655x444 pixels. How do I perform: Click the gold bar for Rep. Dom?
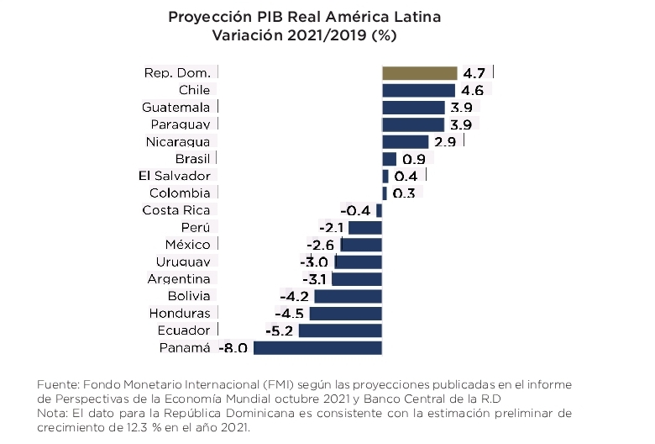tap(419, 73)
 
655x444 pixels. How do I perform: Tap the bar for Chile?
tap(418, 90)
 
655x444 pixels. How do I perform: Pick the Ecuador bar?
tap(340, 330)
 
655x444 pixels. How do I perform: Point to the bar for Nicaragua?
tap(406, 141)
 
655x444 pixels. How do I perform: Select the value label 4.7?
tap(474, 73)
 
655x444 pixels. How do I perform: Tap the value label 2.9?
tap(445, 142)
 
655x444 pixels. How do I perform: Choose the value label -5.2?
tap(279, 330)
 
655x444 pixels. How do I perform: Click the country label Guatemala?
tap(176, 108)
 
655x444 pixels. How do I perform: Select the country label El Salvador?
tap(174, 176)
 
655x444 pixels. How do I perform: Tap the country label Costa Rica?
tap(176, 210)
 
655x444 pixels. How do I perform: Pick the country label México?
tap(187, 245)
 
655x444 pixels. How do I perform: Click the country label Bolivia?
tap(189, 296)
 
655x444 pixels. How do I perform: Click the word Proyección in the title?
tap(207, 17)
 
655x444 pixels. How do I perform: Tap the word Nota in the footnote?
tap(52, 413)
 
